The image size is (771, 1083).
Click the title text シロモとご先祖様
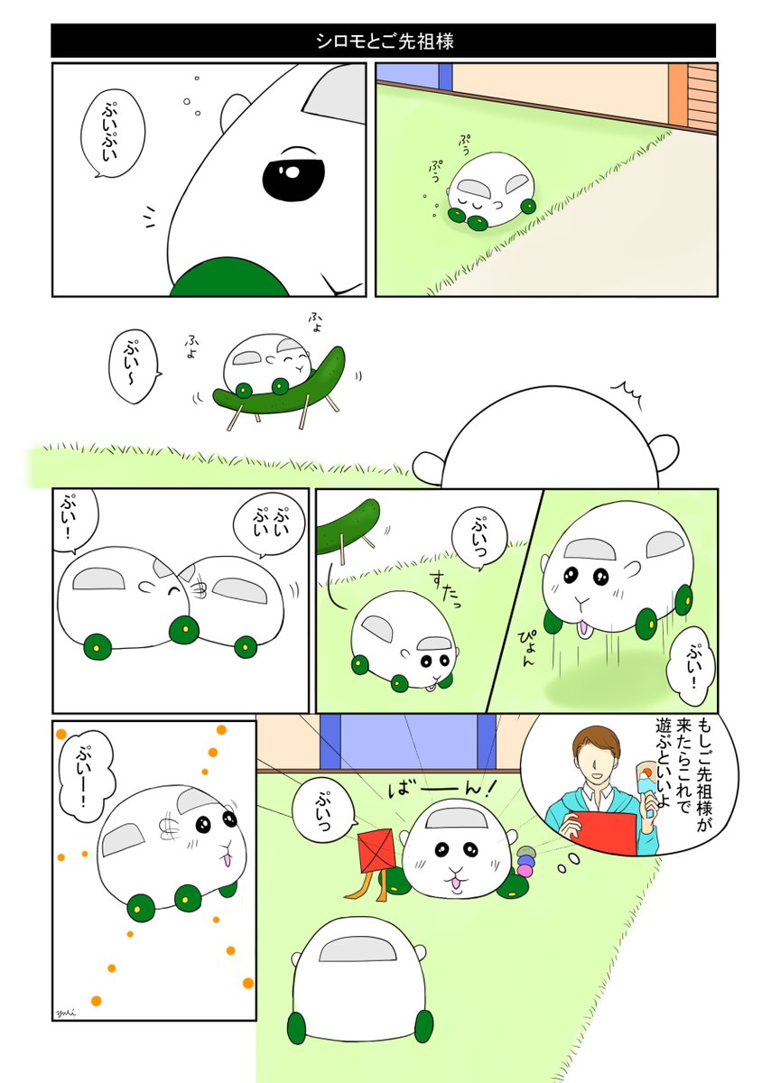click(385, 41)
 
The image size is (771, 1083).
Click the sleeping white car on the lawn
click(488, 190)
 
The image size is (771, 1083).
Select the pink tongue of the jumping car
click(586, 628)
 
